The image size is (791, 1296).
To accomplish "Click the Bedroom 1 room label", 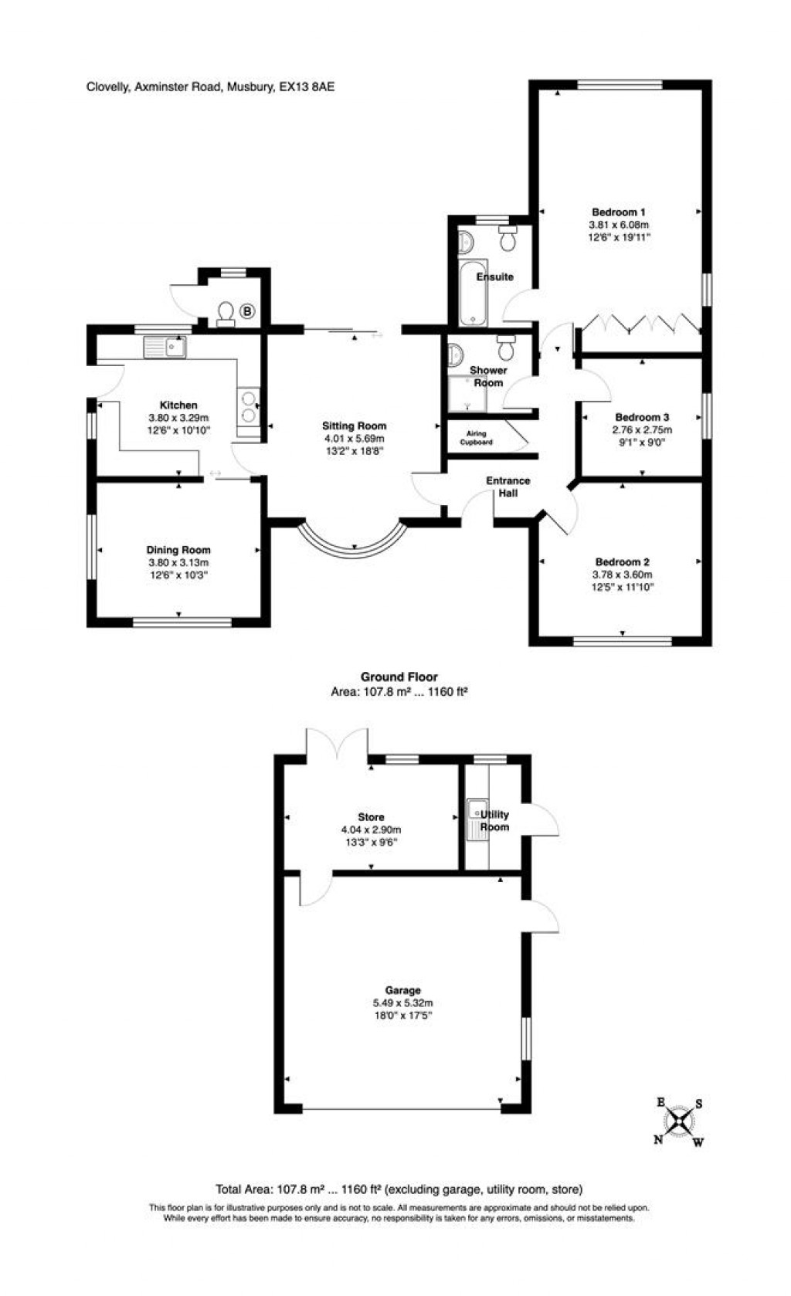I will [619, 212].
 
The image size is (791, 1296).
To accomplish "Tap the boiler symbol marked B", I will [247, 312].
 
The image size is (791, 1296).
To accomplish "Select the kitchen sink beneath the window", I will [165, 348].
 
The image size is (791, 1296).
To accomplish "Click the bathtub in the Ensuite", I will [471, 294].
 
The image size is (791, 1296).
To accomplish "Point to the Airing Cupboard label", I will [477, 438].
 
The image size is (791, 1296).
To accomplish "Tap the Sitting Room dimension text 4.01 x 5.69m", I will [355, 439].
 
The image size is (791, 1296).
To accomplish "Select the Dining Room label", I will [178, 550].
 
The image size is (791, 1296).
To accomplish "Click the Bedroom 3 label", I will [642, 417].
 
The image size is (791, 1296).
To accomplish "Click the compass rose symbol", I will [679, 1122].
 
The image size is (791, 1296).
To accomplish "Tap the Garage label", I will [403, 990].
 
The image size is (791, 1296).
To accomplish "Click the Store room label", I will [371, 816].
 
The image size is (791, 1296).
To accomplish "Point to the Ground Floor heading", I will [399, 677].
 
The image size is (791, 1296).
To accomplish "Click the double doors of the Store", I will [337, 746].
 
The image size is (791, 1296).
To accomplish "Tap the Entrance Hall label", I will [508, 487].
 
